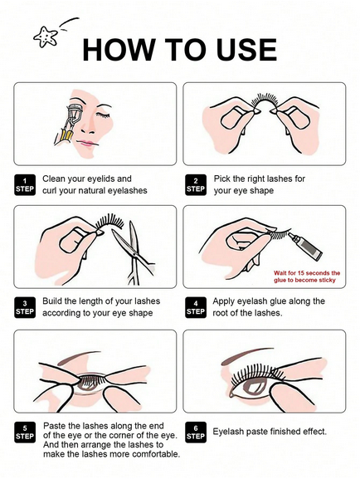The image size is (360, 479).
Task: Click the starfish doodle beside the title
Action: coord(46,37)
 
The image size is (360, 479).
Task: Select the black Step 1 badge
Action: coord(25,185)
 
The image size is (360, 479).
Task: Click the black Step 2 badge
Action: coord(196,185)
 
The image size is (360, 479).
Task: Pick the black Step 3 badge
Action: coord(25,308)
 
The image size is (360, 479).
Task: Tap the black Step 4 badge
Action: coord(196,308)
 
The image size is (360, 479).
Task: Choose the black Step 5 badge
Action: coord(25,433)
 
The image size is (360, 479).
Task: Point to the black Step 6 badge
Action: coord(196,433)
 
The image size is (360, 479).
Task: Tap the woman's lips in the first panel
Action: coord(87,143)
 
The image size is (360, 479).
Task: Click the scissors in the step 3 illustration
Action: coord(133,252)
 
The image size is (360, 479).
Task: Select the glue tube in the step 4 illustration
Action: coord(305,247)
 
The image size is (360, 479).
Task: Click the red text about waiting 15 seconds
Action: coord(307,276)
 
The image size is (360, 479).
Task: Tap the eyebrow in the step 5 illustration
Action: coord(80,357)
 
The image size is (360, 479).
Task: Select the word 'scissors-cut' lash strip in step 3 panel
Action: coord(109,223)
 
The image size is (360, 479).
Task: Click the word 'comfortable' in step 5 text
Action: coord(153,454)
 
